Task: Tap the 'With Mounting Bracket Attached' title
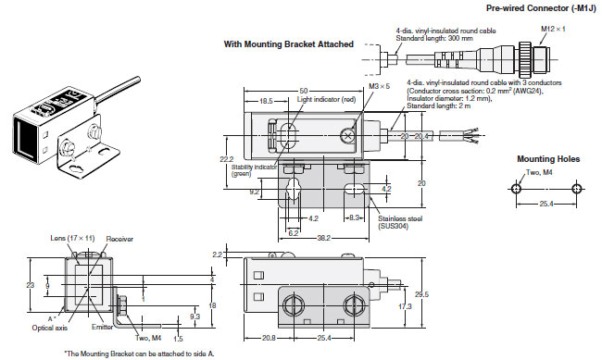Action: pos(288,44)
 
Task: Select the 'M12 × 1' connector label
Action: pos(553,29)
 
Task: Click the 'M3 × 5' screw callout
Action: pos(379,86)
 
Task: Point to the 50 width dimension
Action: pos(304,91)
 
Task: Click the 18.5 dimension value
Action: pos(266,101)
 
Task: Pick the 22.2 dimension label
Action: pos(227,159)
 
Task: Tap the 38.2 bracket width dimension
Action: pos(323,238)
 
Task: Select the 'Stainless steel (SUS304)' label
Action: pos(400,222)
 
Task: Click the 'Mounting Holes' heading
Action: pos(548,159)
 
